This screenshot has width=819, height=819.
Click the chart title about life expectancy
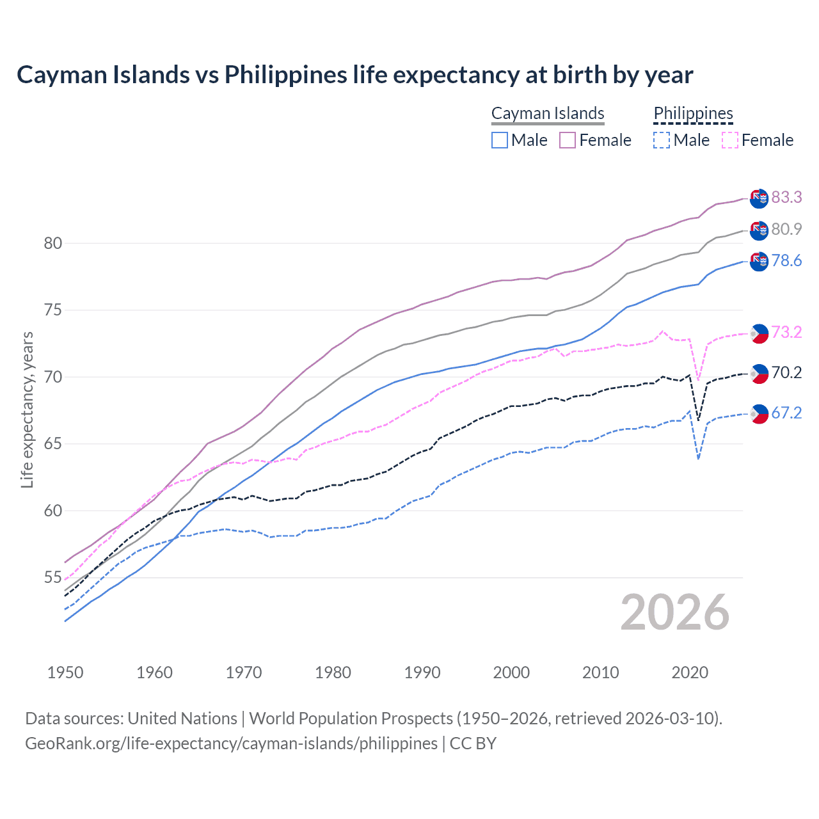354,75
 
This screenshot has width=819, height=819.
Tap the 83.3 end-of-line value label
786,197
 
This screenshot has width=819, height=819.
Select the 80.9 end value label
786,229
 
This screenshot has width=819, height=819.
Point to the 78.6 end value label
786,260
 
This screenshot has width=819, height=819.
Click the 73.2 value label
786,332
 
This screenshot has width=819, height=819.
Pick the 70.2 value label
786,372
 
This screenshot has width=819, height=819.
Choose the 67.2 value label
786,413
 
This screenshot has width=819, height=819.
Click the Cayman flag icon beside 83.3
759,198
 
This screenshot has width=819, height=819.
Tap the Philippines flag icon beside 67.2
759,414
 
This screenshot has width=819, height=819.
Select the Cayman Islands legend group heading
548,113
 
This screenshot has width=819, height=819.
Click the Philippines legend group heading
693,113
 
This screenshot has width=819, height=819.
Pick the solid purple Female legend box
568,140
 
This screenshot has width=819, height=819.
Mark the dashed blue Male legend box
662,140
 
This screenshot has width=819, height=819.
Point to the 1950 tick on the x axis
66,672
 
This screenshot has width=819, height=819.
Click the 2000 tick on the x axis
511,672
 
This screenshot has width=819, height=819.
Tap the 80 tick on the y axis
53,243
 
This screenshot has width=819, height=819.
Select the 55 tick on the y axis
53,578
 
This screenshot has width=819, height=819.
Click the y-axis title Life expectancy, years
27,409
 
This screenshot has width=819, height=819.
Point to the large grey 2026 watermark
674,612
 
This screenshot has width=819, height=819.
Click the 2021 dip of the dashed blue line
698,459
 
